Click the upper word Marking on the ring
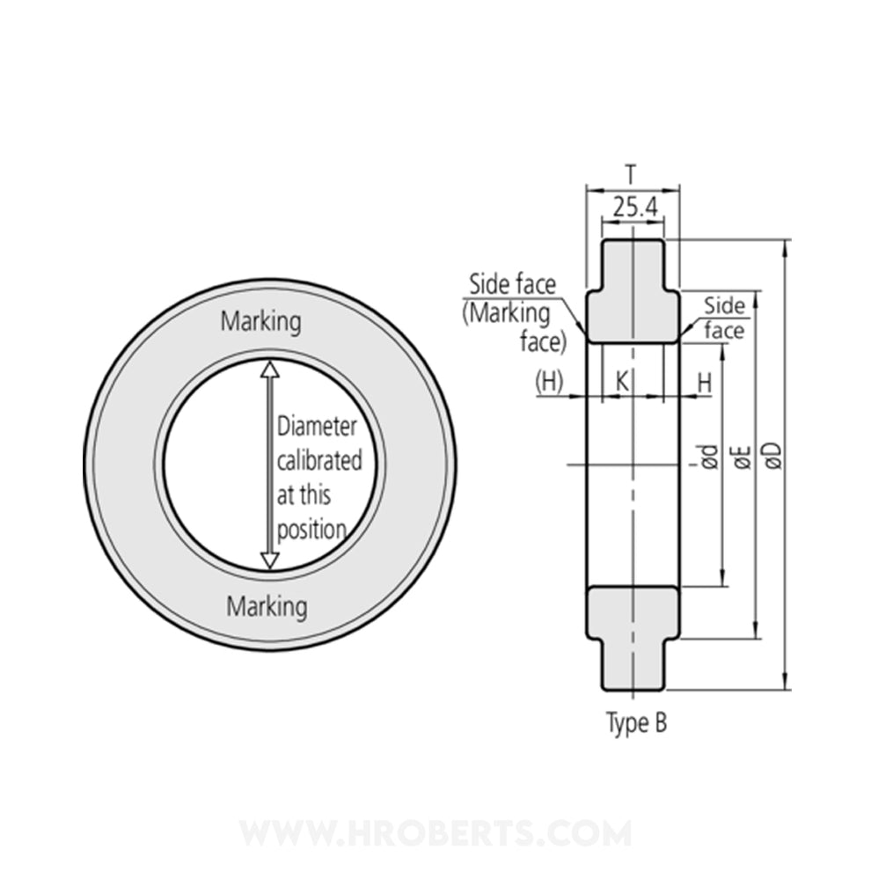pyautogui.click(x=260, y=321)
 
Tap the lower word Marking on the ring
pyautogui.click(x=267, y=606)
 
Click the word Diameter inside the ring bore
pyautogui.click(x=317, y=428)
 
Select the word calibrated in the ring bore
pyautogui.click(x=318, y=461)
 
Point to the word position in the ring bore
pyautogui.click(x=311, y=530)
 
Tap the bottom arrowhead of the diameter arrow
pyautogui.click(x=270, y=560)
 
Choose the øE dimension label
pyautogui.click(x=742, y=455)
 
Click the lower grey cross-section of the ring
pyautogui.click(x=633, y=633)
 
